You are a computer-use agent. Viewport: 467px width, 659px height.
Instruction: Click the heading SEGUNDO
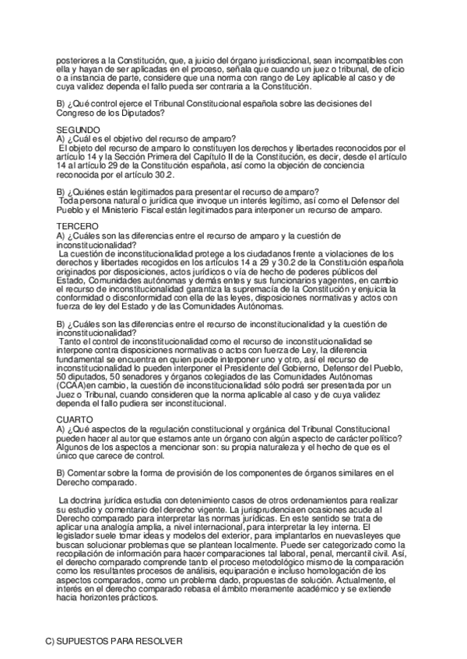79,130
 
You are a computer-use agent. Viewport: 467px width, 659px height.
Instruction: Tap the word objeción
297,165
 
